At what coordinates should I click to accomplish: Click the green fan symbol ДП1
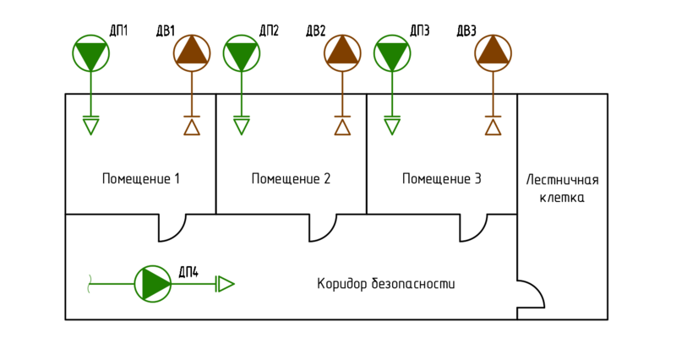(90, 53)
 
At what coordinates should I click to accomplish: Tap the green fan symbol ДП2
(241, 53)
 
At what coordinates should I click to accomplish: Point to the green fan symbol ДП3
(392, 53)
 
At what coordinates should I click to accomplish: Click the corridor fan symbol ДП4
(153, 284)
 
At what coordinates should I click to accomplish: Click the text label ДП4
(188, 271)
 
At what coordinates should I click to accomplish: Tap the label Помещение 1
(141, 179)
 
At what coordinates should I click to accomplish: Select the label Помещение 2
(291, 179)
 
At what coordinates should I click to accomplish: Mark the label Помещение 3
(441, 179)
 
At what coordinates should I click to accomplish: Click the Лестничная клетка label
(562, 188)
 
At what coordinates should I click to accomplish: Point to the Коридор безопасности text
(386, 284)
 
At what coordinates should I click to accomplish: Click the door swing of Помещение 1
(172, 227)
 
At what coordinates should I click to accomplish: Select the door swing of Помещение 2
(323, 227)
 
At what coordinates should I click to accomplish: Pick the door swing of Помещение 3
(473, 227)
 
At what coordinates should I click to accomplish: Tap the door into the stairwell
(530, 295)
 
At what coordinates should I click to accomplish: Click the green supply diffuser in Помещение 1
(90, 125)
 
